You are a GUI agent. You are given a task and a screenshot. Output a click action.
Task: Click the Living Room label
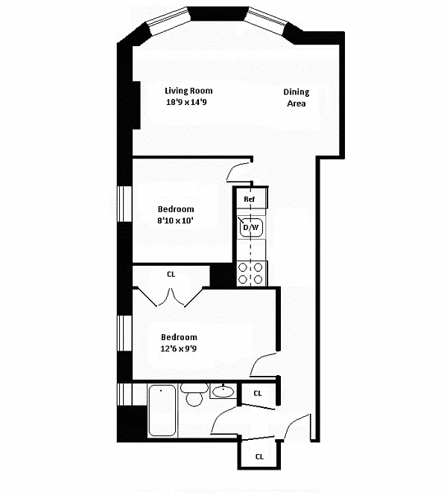tap(188, 91)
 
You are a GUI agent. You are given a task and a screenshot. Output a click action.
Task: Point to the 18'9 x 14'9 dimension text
tap(186, 102)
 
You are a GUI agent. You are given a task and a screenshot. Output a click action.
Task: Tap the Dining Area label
tap(296, 98)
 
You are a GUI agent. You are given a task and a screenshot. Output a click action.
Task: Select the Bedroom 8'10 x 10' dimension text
tap(175, 220)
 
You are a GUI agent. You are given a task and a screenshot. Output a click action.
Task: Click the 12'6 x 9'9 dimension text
tap(179, 348)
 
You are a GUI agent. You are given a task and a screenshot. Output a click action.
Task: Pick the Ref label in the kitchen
tap(250, 199)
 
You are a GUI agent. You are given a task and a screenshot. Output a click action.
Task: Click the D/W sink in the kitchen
tap(251, 227)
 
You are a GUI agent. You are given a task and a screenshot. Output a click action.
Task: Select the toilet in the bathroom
tap(194, 395)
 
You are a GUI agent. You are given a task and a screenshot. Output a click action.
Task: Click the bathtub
tap(162, 410)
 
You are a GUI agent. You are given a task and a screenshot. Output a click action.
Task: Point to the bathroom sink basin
tap(223, 392)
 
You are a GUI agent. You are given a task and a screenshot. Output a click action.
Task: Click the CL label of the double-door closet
tap(171, 275)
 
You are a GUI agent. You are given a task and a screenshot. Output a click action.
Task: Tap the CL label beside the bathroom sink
tap(258, 393)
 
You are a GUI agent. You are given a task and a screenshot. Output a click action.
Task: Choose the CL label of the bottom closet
tap(259, 456)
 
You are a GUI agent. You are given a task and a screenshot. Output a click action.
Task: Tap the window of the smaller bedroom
tap(124, 204)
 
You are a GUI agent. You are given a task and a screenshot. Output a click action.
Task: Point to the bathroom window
tap(124, 395)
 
